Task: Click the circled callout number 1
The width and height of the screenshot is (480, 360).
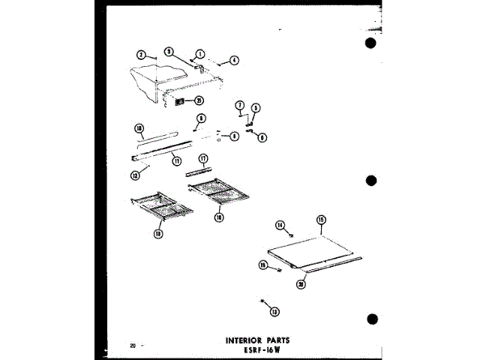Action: coord(199,53)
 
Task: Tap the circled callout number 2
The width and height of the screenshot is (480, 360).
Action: coord(140,55)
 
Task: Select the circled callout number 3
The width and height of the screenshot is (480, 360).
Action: coord(169,52)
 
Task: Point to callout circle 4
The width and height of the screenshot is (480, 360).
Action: coord(234,61)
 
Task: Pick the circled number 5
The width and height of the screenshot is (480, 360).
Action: coord(255,108)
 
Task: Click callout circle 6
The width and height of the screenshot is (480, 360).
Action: coord(262,137)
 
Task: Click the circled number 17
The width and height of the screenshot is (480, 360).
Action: coord(202,159)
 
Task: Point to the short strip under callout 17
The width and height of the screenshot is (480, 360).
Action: coord(199,169)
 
